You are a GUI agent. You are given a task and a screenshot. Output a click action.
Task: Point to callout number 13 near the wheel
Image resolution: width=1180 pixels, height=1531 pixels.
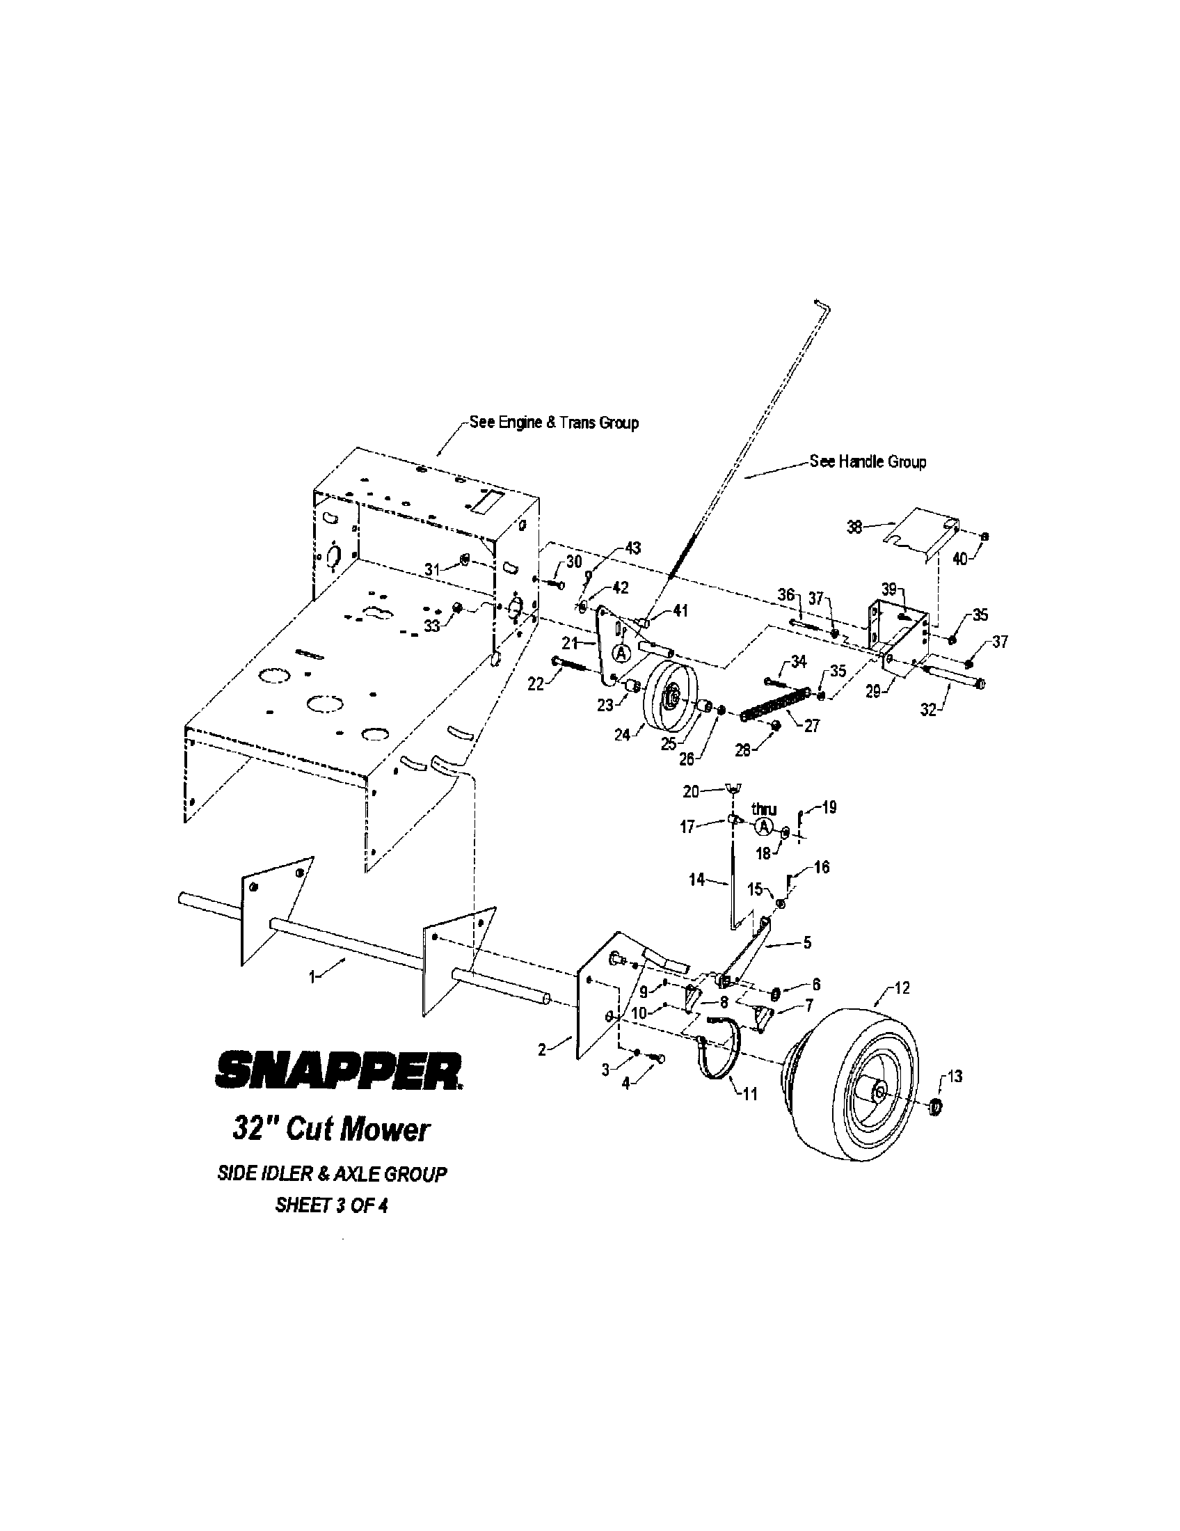coord(955,1076)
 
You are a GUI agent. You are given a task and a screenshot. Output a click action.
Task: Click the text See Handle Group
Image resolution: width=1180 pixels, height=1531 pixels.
coord(868,462)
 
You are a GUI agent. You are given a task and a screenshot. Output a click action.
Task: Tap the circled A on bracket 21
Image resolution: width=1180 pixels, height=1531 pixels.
coord(621,653)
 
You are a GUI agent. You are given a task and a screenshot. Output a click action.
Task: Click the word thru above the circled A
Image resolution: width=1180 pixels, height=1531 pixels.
coord(765,809)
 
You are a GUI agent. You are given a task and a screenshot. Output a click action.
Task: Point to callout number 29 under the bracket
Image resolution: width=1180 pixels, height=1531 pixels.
coord(872,692)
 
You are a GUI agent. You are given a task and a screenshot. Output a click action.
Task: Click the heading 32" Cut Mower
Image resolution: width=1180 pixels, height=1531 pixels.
coord(329,1130)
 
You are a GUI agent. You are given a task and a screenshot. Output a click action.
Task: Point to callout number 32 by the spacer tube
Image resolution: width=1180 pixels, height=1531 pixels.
coord(927,709)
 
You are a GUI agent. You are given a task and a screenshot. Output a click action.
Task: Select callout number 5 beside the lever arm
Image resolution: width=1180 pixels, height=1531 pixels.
coord(807,943)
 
